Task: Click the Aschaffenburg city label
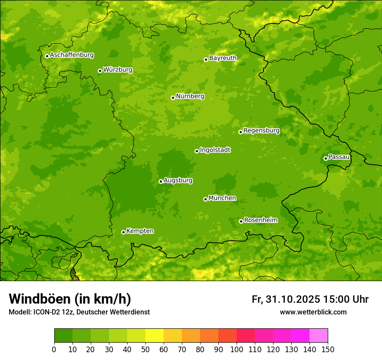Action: click(72, 55)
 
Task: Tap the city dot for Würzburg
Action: click(100, 71)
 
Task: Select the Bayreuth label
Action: click(223, 58)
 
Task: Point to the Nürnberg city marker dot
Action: click(173, 98)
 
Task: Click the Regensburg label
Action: click(261, 130)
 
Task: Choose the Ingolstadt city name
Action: click(215, 150)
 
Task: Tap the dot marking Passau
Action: click(326, 158)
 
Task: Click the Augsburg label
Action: click(178, 180)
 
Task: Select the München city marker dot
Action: click(205, 199)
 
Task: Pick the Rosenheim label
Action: click(260, 220)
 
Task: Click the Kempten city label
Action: click(140, 231)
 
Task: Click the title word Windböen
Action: click(40, 299)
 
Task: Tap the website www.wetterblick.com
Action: click(313, 312)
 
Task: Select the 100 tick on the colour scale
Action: click(237, 349)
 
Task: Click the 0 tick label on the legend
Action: click(54, 349)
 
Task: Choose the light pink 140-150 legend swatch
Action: click(319, 336)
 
